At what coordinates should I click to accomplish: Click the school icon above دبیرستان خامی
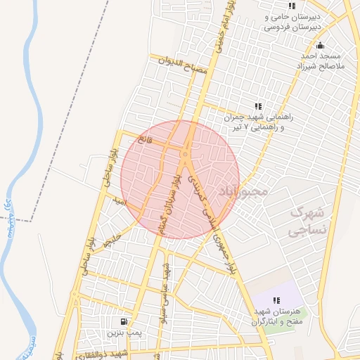coord(291,6)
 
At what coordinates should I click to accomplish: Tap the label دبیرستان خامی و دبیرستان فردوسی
coord(292,22)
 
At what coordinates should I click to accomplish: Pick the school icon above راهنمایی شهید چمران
coord(257,106)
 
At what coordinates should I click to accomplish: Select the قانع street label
coord(145,139)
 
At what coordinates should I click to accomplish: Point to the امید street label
coord(120,202)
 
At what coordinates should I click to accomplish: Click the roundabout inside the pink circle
coord(185,151)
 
